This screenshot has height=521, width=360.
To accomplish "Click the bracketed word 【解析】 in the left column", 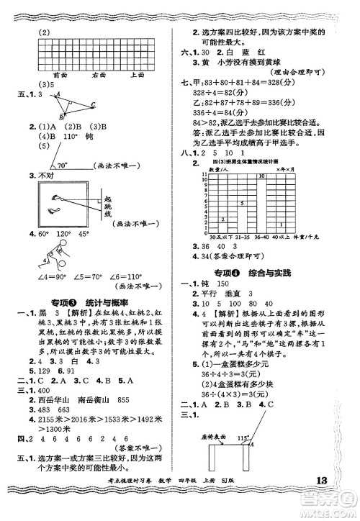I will pos(78,314).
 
